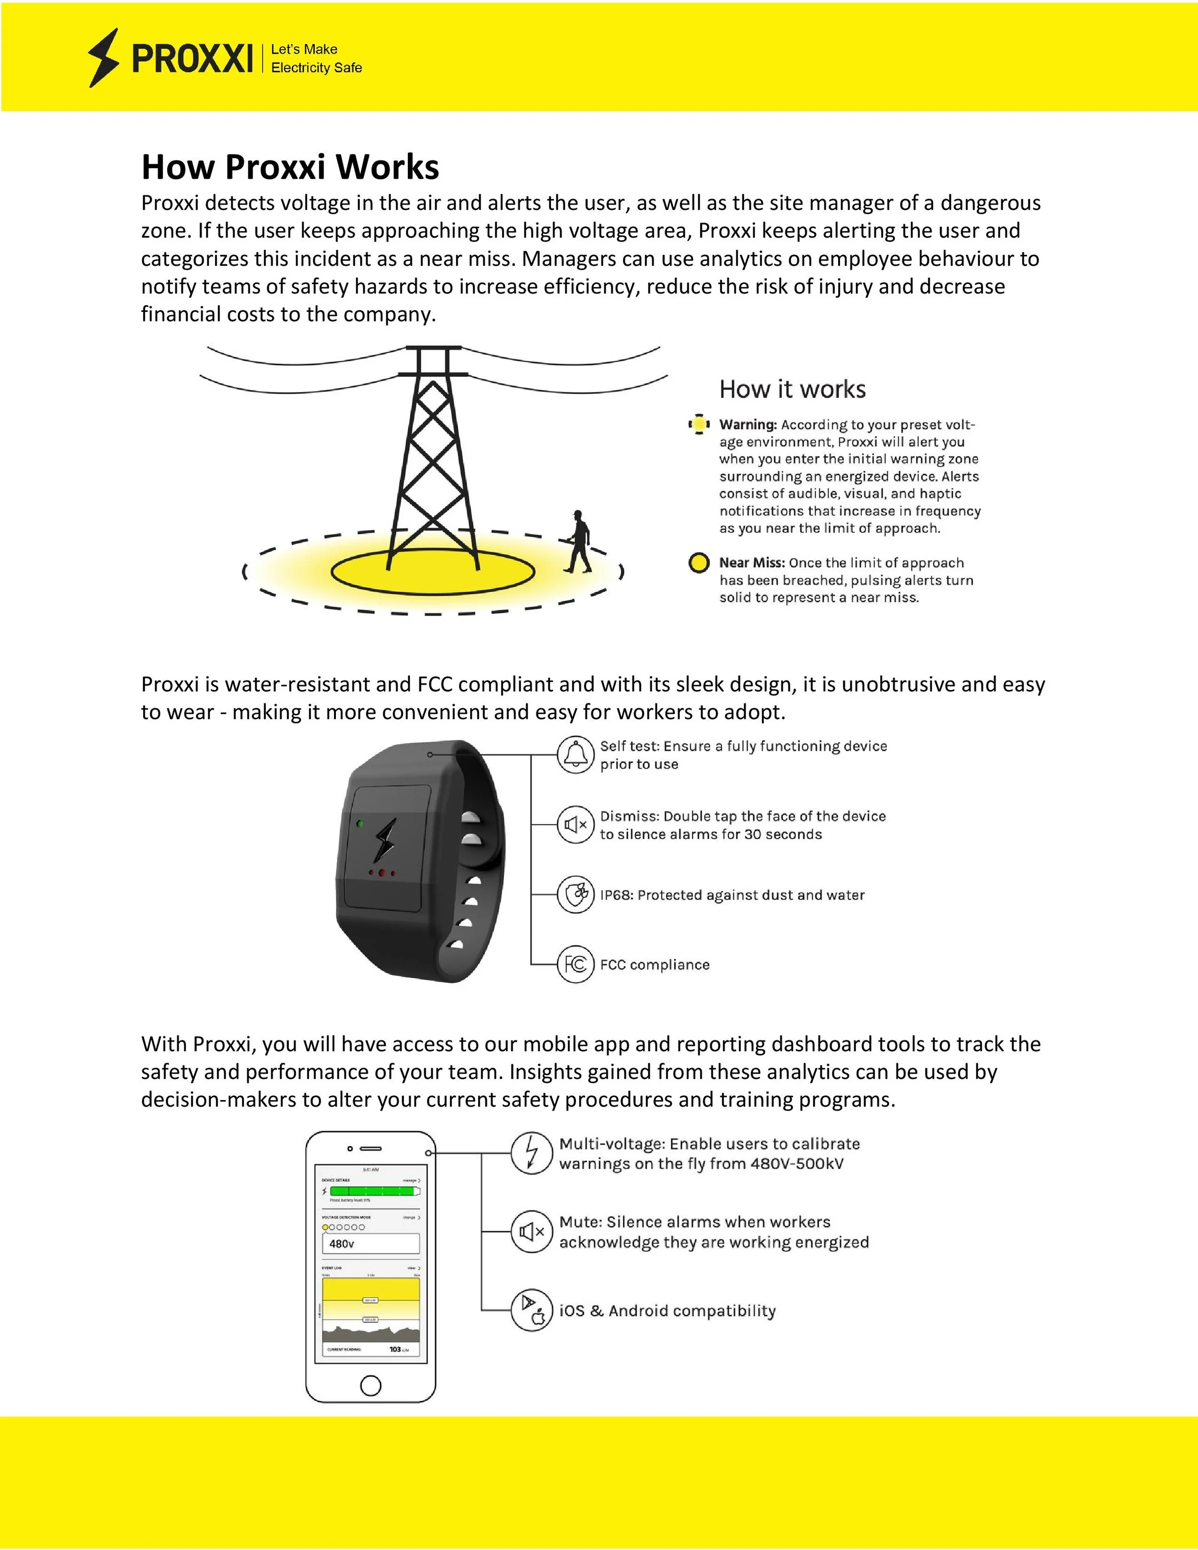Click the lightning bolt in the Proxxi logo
pyautogui.click(x=104, y=57)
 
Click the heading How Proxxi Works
pyautogui.click(x=290, y=167)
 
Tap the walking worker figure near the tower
pyautogui.click(x=578, y=541)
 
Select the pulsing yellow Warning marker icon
pyautogui.click(x=699, y=425)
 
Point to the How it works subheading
pyautogui.click(x=792, y=389)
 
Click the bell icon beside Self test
pyautogui.click(x=575, y=754)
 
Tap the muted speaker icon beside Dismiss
pyautogui.click(x=575, y=825)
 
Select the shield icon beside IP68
pyautogui.click(x=575, y=894)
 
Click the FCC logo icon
pyautogui.click(x=575, y=964)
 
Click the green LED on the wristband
pyautogui.click(x=360, y=824)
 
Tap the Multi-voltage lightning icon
pyautogui.click(x=531, y=1153)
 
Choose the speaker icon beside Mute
pyautogui.click(x=531, y=1232)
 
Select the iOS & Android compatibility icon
pyautogui.click(x=531, y=1310)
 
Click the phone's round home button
pyautogui.click(x=370, y=1385)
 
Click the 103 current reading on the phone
pyautogui.click(x=395, y=1349)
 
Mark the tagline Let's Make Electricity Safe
pyautogui.click(x=316, y=58)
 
